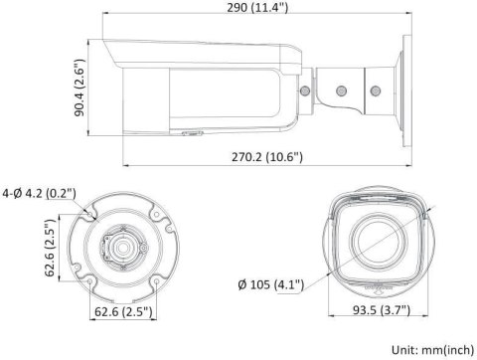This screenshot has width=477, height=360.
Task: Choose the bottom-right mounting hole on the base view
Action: (x=156, y=281)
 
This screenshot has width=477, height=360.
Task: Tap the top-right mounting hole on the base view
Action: (x=156, y=212)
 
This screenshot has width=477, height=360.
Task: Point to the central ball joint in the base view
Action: (x=123, y=246)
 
